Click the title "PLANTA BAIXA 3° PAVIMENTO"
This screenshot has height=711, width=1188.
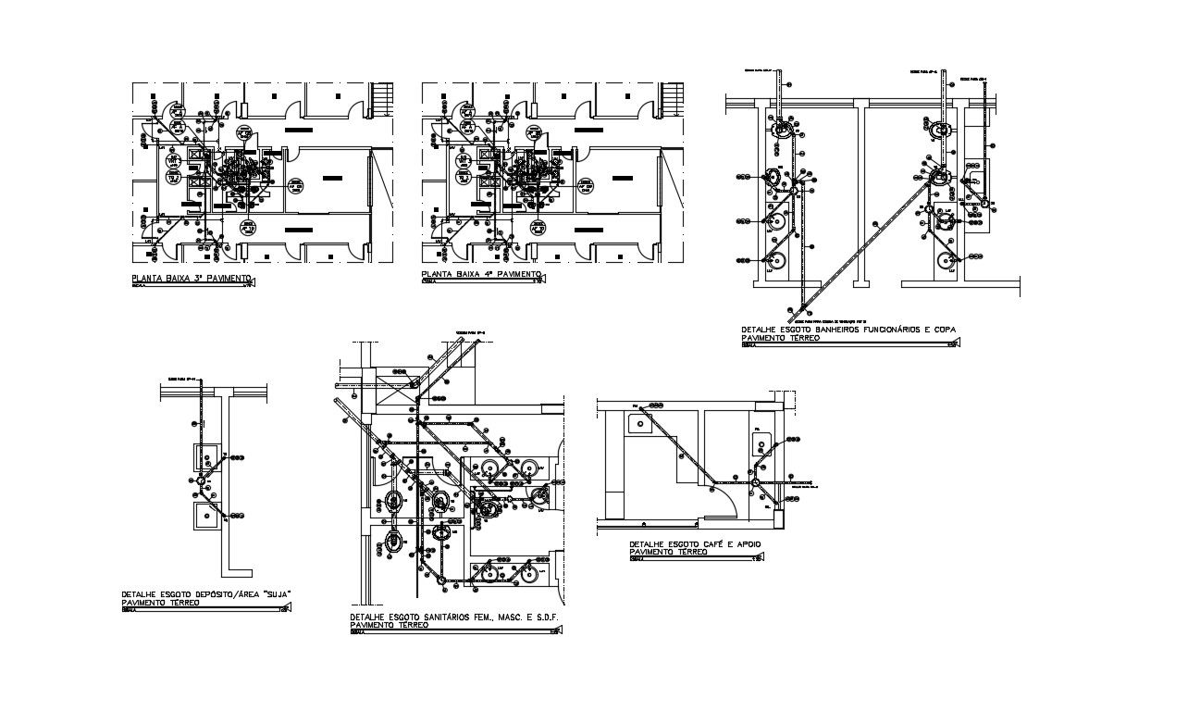(191, 278)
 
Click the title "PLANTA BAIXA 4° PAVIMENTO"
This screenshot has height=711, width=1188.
(479, 276)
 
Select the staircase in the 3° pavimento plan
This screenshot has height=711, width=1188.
(382, 100)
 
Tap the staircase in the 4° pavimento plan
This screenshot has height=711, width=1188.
(672, 100)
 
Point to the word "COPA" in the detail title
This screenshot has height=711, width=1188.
(940, 330)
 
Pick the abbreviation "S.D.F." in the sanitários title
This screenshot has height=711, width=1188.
(548, 617)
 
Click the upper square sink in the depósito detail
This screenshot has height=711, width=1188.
(206, 457)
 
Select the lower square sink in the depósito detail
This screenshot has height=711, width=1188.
(205, 516)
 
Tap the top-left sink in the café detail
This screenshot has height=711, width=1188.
(639, 424)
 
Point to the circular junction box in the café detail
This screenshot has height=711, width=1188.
(755, 482)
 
